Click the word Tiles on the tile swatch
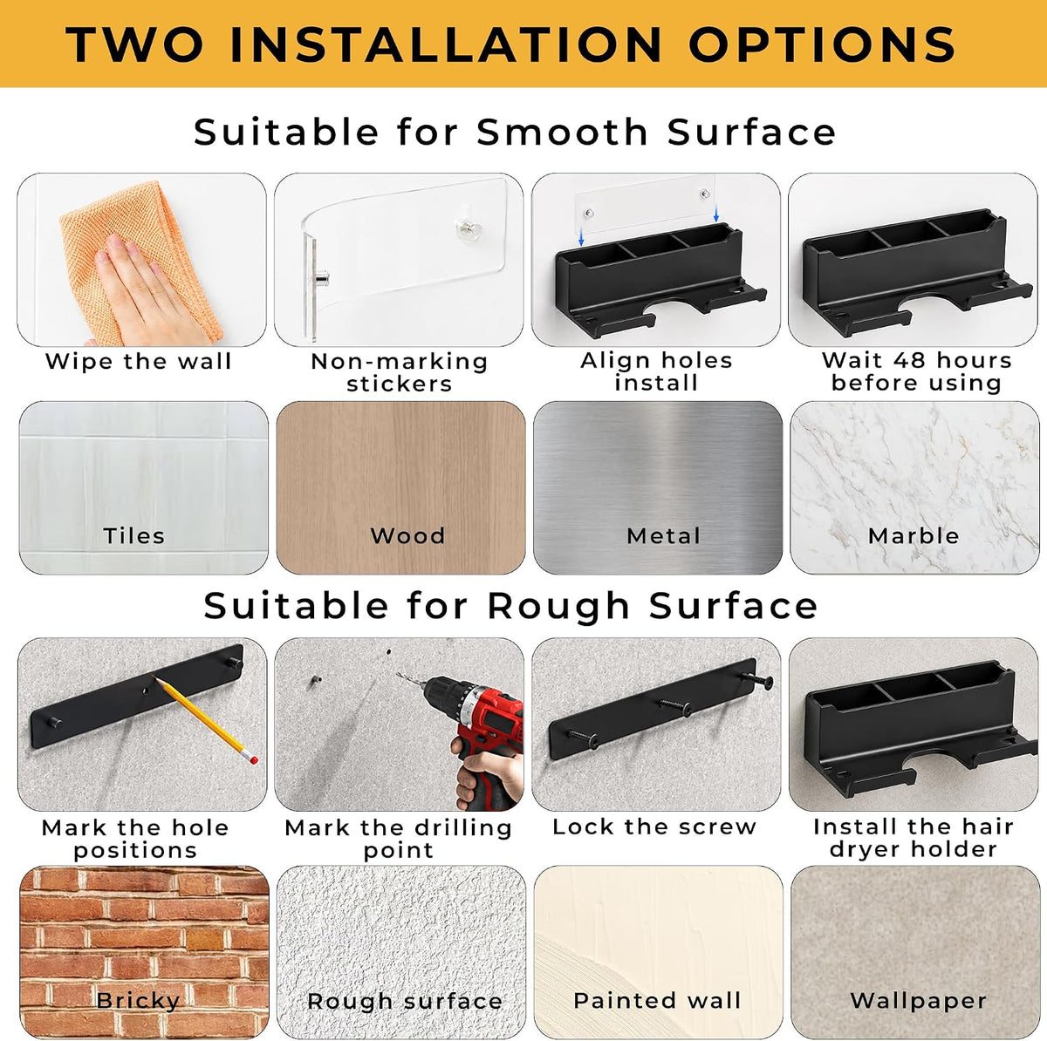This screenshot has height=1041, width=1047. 133,536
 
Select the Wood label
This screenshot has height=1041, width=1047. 407,536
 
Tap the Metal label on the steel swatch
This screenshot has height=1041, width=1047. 663,536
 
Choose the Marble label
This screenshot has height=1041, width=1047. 914,536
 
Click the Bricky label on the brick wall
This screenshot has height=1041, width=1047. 138,1000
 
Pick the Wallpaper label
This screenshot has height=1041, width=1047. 918,1000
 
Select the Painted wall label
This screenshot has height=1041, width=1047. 658,1000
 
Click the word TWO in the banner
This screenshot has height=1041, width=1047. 133,44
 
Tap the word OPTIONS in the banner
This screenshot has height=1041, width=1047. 822,44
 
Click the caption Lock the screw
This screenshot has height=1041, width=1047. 654,827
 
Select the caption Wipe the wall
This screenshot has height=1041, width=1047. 139,361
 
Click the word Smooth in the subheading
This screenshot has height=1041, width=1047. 563,132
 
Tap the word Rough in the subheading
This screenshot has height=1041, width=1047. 558,605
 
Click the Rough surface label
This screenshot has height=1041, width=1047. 405,1001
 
